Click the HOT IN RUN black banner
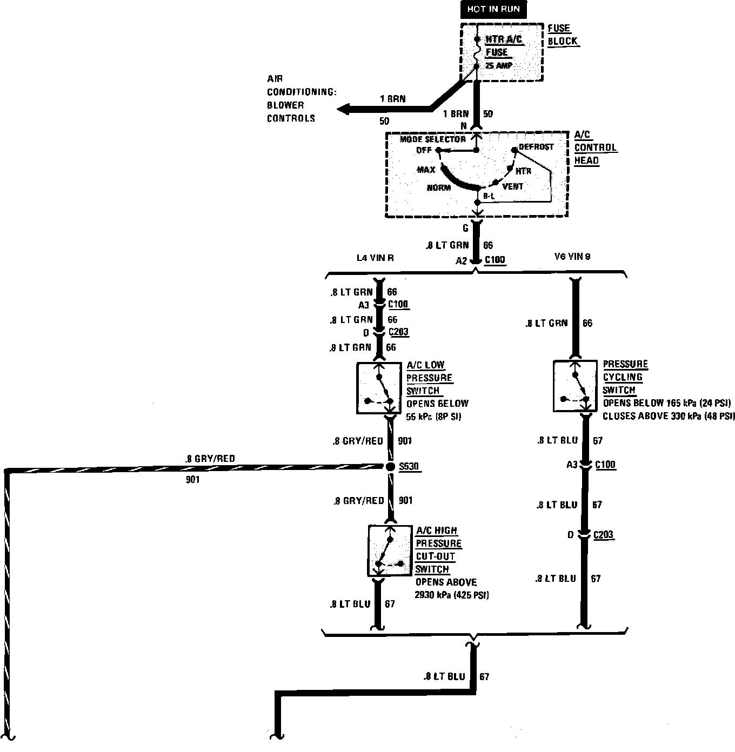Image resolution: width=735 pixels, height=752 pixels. pos(493,9)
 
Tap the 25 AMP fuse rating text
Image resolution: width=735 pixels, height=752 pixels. pos(498,66)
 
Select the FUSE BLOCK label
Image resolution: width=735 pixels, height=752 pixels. pos(562,35)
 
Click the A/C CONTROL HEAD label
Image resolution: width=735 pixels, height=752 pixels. pos(594,147)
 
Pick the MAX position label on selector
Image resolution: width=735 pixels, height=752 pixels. pos(426,170)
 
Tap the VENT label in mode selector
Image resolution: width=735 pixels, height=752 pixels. pos(512,186)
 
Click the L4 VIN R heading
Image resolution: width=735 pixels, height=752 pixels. pos(375,258)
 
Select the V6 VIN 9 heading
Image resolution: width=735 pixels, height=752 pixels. pos(572,257)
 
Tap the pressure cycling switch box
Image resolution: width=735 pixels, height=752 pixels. pos(574,386)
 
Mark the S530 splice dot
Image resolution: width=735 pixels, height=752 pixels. pos(390,466)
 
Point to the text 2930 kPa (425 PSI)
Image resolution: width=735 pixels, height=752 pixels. pos(452,595)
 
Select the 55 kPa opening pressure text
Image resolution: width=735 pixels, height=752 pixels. pos(433,417)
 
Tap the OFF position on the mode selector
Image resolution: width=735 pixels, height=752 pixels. pos(424,150)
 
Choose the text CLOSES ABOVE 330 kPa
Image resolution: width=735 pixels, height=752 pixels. pos(669,416)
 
